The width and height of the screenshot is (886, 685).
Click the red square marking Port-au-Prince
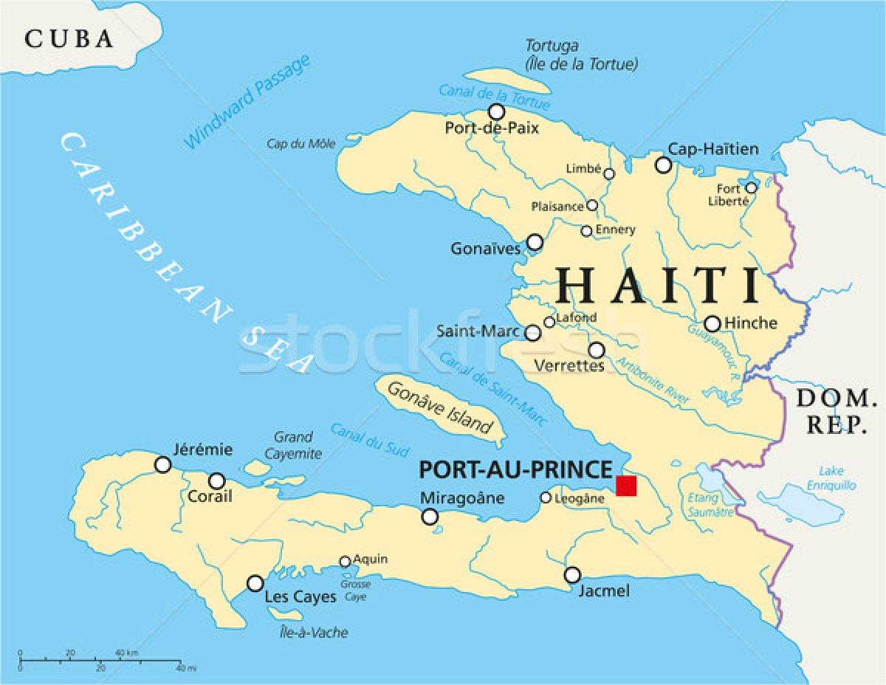pyautogui.click(x=625, y=485)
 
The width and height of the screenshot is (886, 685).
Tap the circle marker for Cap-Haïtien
pyautogui.click(x=664, y=165)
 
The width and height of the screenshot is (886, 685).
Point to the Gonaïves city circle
pyautogui.click(x=535, y=242)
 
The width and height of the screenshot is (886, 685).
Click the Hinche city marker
pyautogui.click(x=712, y=323)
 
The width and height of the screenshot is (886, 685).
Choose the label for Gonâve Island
pyautogui.click(x=440, y=407)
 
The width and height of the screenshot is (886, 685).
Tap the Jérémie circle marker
pyautogui.click(x=162, y=464)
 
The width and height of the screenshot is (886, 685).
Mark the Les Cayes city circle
pyautogui.click(x=255, y=583)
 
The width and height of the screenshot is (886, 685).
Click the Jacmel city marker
pyautogui.click(x=572, y=574)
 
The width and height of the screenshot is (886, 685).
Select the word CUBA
pyautogui.click(x=69, y=38)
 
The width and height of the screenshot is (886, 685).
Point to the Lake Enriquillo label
pyautogui.click(x=837, y=478)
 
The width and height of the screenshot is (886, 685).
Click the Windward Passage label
pyautogui.click(x=247, y=103)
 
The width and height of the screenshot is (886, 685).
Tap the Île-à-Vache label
pyautogui.click(x=315, y=632)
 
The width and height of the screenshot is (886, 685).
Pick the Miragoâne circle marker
pyautogui.click(x=430, y=516)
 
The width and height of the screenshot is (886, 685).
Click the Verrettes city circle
pyautogui.click(x=597, y=350)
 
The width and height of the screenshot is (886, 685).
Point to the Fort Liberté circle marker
pyautogui.click(x=751, y=187)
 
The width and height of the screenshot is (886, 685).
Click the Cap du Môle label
pyautogui.click(x=301, y=144)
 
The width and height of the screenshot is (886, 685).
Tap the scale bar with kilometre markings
pyautogui.click(x=100, y=659)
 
